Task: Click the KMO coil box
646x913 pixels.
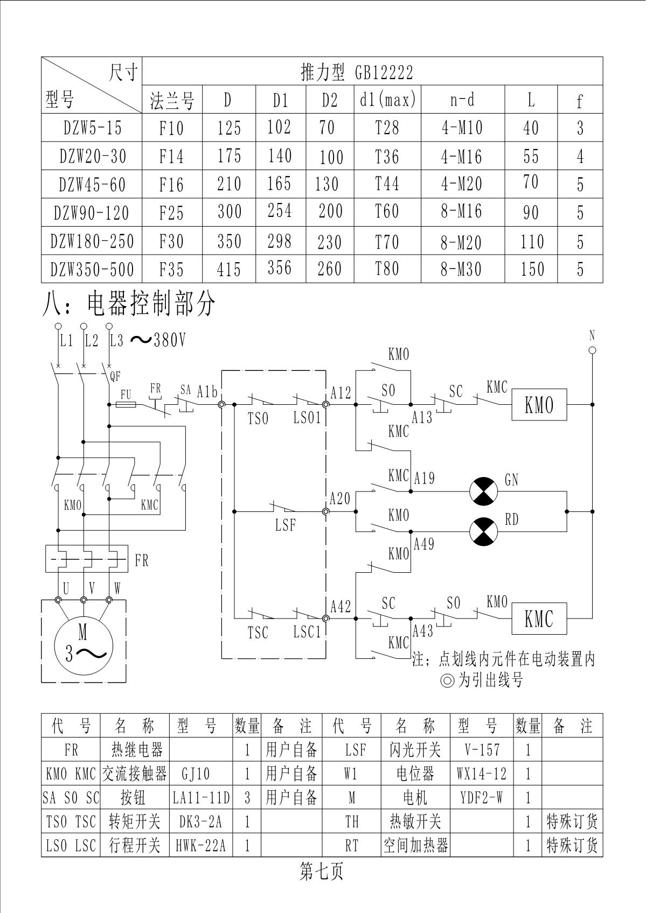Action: tap(539, 404)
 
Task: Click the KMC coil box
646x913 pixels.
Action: tap(539, 618)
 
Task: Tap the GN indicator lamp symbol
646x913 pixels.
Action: tap(483, 491)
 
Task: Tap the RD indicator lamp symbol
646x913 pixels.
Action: tap(483, 531)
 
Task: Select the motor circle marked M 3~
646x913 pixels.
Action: tap(83, 643)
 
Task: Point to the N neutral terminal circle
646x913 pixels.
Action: tap(592, 350)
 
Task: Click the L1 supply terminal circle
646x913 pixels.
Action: tap(58, 326)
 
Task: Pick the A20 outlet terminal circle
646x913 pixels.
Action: tap(325, 511)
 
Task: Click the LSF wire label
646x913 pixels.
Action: tap(285, 524)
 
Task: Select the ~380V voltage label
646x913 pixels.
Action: tap(158, 340)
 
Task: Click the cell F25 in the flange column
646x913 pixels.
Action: tap(171, 213)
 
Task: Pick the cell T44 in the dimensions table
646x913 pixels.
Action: tap(387, 184)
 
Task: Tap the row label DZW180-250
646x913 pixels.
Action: tap(92, 241)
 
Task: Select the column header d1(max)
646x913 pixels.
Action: tap(387, 100)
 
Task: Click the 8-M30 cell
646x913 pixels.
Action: tap(461, 269)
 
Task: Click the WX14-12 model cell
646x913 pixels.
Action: tap(481, 774)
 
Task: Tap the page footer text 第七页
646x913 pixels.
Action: tap(322, 872)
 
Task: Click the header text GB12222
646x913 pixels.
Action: tap(384, 72)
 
